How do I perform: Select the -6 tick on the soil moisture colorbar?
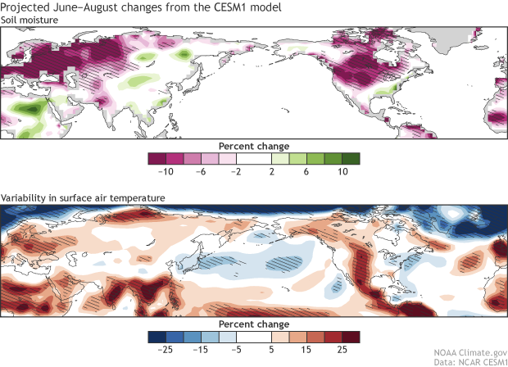coord(210,173)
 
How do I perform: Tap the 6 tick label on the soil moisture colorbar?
coord(300,173)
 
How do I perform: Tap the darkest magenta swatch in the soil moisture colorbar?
coord(156,159)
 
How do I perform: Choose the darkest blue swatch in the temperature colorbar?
coord(156,338)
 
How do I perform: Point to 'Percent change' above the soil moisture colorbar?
coord(254,146)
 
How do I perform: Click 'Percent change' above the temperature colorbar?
coord(254,324)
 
